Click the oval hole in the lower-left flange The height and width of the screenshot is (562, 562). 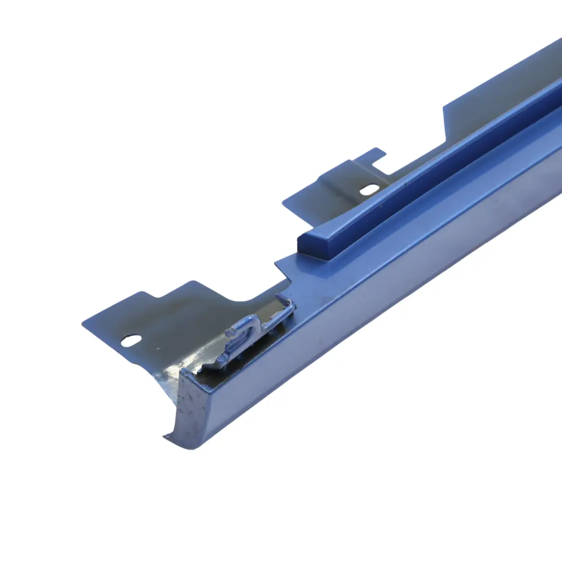point(131,340)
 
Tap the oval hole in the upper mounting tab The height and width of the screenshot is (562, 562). point(369,189)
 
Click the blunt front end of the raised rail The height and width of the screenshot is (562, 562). point(307,245)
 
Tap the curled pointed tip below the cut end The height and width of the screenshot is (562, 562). point(168,438)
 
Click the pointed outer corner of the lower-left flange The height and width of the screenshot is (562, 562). point(83,325)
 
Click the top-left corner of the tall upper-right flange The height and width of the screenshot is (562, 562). point(444,108)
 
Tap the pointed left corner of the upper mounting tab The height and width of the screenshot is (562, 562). point(284,203)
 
